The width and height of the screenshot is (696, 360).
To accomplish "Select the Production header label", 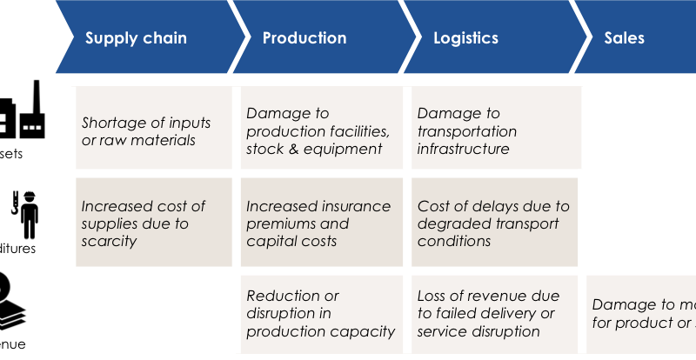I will click(304, 38).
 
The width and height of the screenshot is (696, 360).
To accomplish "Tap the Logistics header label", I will click(466, 38).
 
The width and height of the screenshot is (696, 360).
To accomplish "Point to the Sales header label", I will click(625, 38).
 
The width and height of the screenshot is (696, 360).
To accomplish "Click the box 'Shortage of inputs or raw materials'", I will click(153, 130).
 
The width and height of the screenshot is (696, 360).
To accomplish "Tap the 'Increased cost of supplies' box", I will click(153, 223).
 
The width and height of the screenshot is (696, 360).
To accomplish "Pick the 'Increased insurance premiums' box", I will click(320, 223).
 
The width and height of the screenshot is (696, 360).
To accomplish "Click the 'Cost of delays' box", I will click(494, 223).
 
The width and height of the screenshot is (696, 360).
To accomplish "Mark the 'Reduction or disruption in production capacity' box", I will click(320, 314).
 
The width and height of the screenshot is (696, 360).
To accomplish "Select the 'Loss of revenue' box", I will click(494, 314).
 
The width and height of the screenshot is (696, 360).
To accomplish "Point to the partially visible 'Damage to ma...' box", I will click(641, 314).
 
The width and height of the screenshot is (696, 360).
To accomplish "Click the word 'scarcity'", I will click(109, 242).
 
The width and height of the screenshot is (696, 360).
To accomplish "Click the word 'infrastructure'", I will click(463, 149).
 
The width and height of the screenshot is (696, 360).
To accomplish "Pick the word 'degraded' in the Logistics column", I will click(451, 224).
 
